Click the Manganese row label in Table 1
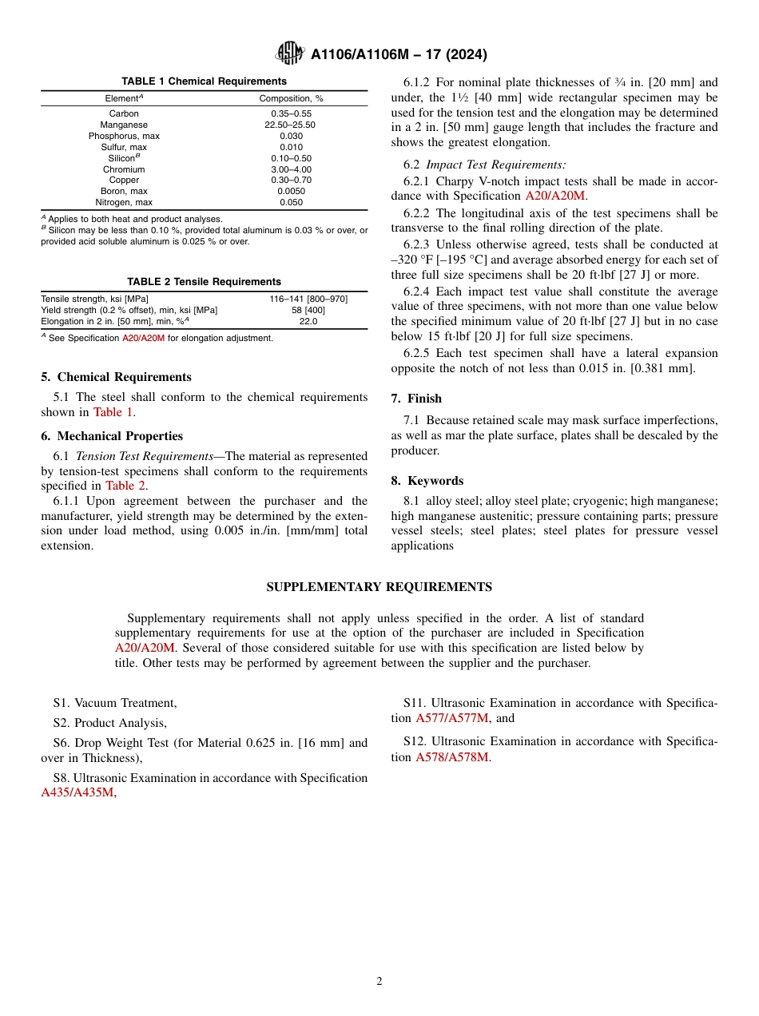tap(124, 125)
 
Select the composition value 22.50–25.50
tap(291, 125)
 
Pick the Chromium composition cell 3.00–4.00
tap(291, 169)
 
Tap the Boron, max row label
tap(124, 192)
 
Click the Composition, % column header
tap(291, 98)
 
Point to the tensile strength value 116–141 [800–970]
tap(308, 299)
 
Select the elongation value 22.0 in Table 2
tap(308, 321)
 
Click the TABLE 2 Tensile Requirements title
tap(204, 281)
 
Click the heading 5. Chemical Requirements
tap(117, 377)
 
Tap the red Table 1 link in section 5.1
tap(113, 412)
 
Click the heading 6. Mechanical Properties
tap(113, 436)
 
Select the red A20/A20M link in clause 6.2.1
tap(555, 196)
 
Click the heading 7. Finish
tap(416, 399)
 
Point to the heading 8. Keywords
tap(427, 481)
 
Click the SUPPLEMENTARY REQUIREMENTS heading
tap(379, 587)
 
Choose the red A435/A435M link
tap(77, 793)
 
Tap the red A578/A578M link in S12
tap(451, 757)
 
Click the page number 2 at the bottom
tap(379, 982)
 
